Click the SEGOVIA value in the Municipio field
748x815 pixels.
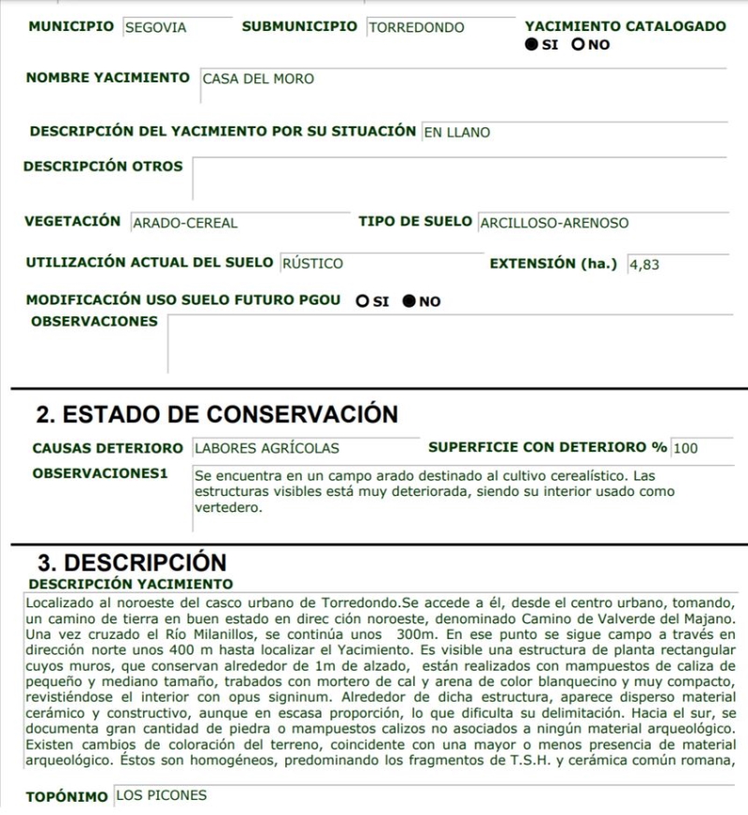(x=155, y=27)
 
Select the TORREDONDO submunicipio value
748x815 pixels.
(x=416, y=27)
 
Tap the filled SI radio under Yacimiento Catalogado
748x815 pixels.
(x=531, y=44)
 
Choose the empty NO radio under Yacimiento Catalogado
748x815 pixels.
(x=578, y=44)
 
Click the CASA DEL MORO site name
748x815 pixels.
(x=258, y=79)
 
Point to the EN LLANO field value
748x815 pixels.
(x=456, y=132)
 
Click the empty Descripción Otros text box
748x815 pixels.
(x=458, y=178)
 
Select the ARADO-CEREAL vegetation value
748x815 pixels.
(x=185, y=223)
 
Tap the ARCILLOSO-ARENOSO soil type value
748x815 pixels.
(x=554, y=223)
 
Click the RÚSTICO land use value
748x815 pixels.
(x=312, y=264)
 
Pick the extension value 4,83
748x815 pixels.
(x=644, y=264)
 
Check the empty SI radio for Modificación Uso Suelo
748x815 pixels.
(x=362, y=301)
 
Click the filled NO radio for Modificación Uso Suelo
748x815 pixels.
(x=409, y=301)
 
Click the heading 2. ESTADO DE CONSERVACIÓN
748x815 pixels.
(x=217, y=414)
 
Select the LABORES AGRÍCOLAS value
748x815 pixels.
(x=266, y=448)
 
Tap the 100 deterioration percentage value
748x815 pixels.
(x=685, y=448)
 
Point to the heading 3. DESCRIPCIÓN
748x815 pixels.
(x=132, y=562)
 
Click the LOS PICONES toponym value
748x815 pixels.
(x=161, y=795)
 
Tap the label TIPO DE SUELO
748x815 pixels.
(x=416, y=222)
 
